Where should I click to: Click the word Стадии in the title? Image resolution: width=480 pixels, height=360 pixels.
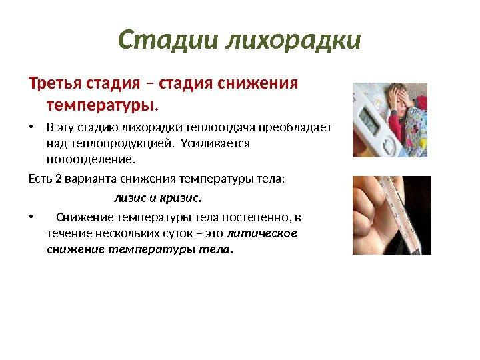[168, 40]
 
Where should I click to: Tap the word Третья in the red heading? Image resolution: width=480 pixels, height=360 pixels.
[55, 83]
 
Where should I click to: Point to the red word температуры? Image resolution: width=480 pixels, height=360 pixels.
[103, 105]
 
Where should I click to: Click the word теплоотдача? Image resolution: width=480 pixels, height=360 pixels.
[221, 127]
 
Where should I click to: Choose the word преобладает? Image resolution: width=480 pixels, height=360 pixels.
[295, 127]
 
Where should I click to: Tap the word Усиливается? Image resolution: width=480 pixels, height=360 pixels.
[215, 143]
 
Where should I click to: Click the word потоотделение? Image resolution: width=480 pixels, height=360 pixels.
[91, 159]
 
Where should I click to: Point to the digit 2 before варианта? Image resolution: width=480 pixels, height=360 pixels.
[59, 179]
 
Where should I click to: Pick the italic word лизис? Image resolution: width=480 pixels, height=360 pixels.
[130, 199]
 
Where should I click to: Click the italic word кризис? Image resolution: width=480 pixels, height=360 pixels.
[180, 199]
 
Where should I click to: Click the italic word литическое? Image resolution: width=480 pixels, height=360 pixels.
[262, 233]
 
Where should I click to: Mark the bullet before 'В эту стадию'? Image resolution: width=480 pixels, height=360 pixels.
[31, 127]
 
